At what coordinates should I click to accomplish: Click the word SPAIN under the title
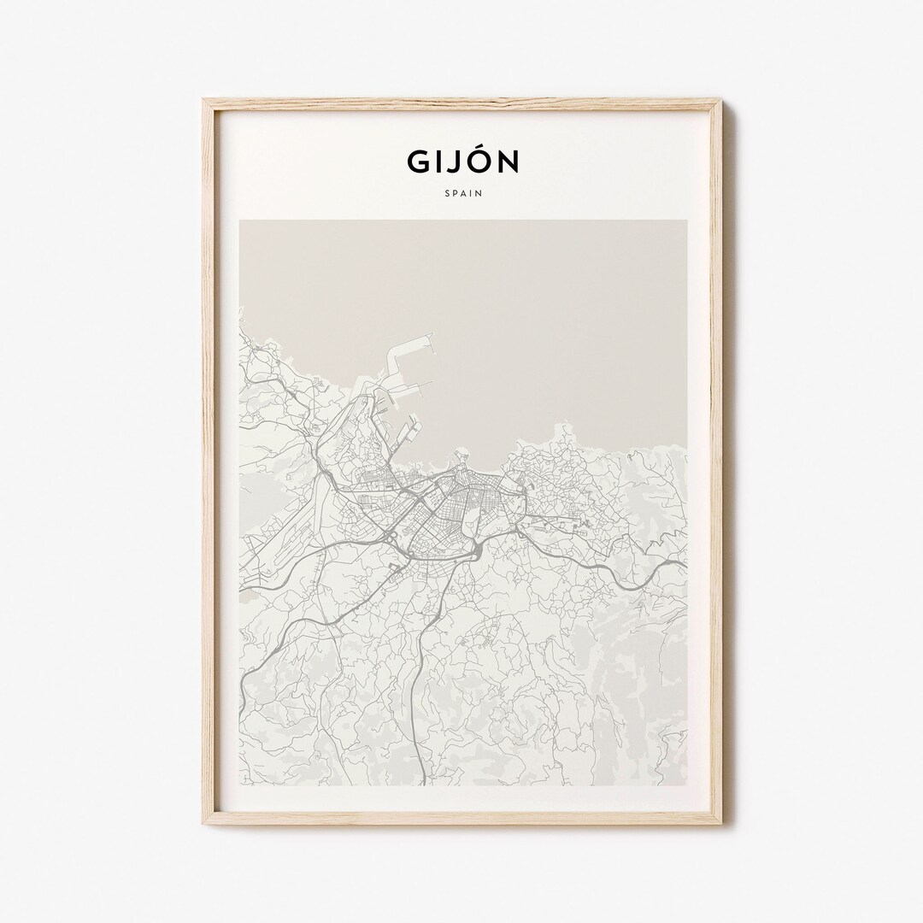(x=463, y=193)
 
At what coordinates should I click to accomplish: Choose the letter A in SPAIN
(x=463, y=193)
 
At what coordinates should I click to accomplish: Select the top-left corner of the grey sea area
(x=241, y=221)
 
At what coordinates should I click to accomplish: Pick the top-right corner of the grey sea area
(x=685, y=221)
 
